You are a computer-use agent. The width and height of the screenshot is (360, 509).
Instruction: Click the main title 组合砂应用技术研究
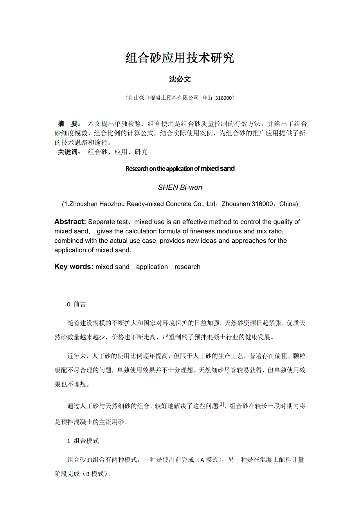[180, 58]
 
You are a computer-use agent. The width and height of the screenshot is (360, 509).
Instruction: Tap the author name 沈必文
[180, 79]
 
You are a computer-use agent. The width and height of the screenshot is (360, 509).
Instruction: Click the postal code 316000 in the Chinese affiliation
[223, 98]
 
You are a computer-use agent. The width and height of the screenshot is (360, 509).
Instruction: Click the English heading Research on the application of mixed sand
[180, 169]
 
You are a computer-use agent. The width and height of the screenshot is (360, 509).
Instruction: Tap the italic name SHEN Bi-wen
[180, 188]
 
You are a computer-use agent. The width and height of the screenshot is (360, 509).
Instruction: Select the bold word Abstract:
[70, 222]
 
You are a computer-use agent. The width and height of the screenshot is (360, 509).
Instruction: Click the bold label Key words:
[74, 267]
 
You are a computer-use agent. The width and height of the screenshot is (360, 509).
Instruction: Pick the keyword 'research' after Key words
[187, 267]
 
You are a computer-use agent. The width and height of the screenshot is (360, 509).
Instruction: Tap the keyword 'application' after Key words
[152, 267]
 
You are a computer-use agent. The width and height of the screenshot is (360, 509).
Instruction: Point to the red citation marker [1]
[221, 405]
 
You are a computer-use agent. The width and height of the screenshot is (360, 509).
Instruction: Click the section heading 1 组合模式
[83, 441]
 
